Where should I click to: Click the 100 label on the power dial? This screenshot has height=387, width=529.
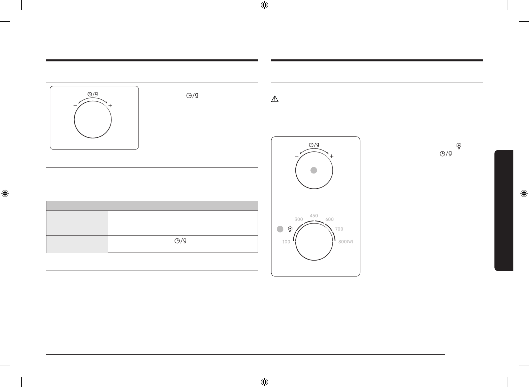tap(286, 242)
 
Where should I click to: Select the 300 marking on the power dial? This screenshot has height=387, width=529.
tap(298, 219)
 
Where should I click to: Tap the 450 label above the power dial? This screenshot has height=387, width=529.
tap(314, 216)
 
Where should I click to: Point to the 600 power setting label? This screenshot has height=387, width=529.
tap(329, 219)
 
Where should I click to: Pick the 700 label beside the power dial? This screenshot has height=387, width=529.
tap(339, 229)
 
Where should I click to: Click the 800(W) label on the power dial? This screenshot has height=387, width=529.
tap(346, 242)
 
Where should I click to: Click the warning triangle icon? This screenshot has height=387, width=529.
tap(275, 99)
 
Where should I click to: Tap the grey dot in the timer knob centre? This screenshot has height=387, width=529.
tap(314, 170)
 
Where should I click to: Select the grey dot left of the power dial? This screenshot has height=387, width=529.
tap(280, 229)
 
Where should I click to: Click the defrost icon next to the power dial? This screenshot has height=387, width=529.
tap(290, 229)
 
